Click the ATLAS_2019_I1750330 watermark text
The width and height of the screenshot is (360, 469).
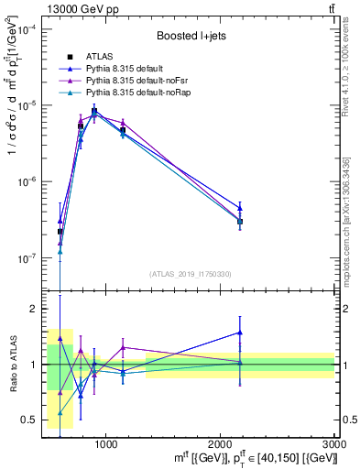(x=190, y=274)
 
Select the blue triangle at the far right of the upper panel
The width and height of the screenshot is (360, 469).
(x=240, y=207)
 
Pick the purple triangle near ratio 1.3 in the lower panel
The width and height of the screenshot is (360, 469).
(x=123, y=347)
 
